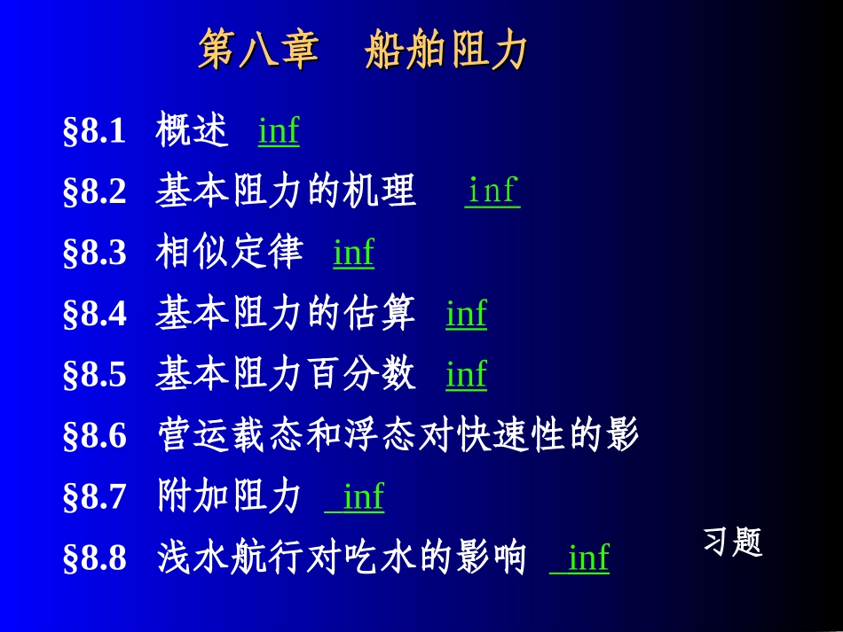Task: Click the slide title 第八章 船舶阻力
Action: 363,51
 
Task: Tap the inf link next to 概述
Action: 279,132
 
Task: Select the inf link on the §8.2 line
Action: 492,191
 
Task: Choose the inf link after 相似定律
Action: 353,253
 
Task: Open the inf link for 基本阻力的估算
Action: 466,314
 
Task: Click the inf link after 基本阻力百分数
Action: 466,374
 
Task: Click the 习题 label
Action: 733,542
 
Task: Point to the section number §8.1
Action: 95,132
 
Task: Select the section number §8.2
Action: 95,192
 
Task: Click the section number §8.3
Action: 95,254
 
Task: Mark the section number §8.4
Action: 95,315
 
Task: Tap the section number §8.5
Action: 95,375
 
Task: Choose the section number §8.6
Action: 95,436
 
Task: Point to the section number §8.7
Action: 95,497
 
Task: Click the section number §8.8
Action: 95,558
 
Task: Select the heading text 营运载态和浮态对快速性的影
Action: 398,435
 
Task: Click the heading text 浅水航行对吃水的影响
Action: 342,558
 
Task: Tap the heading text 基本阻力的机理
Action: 286,191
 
